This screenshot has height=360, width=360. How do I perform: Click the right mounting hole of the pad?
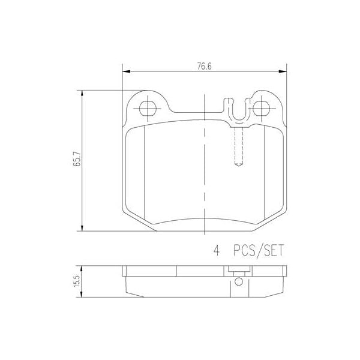pos(261,108)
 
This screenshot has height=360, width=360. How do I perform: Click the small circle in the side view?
pos(238,282)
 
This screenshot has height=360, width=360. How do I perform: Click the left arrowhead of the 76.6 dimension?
pos(125,71)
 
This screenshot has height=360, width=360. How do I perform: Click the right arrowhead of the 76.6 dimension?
pos(283,71)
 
